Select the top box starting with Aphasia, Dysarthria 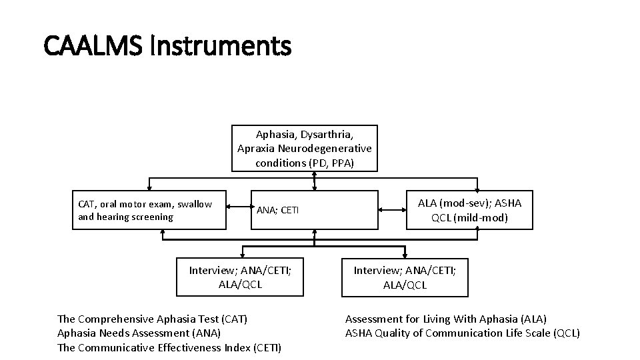coord(305,148)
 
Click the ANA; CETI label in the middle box coord(278,211)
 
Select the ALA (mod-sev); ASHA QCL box coord(469,211)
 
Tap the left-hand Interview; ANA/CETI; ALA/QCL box coord(239,277)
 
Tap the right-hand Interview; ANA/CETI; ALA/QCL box coord(405,277)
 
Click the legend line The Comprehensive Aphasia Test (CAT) coord(152,319)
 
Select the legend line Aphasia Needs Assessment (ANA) coord(139,333)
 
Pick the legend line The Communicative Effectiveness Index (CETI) coord(169,347)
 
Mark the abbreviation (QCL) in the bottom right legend coord(567,333)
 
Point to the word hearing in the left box coord(113,217)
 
